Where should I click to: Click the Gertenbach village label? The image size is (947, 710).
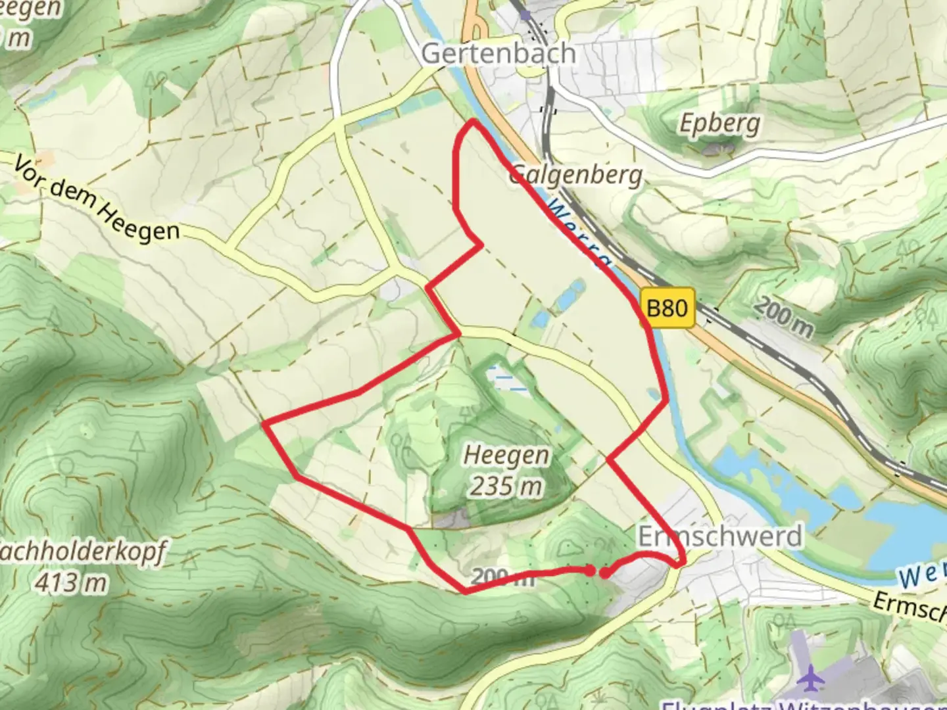pos(498,53)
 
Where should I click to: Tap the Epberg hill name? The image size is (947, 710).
pos(719,124)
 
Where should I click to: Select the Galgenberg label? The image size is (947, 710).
pos(575,175)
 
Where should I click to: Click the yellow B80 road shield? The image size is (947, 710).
pos(668,307)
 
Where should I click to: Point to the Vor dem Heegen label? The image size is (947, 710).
pos(97,200)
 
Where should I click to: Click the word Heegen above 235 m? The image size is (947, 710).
pos(506,455)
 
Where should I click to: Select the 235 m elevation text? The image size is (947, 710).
pos(506,486)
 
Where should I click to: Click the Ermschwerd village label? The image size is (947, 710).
pos(720,536)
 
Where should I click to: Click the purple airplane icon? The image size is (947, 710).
pos(813,675)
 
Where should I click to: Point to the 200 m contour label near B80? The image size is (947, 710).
pos(784,317)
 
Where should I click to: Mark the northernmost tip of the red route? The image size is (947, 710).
pos(472,122)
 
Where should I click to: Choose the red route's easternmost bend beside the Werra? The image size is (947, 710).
pos(667,398)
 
